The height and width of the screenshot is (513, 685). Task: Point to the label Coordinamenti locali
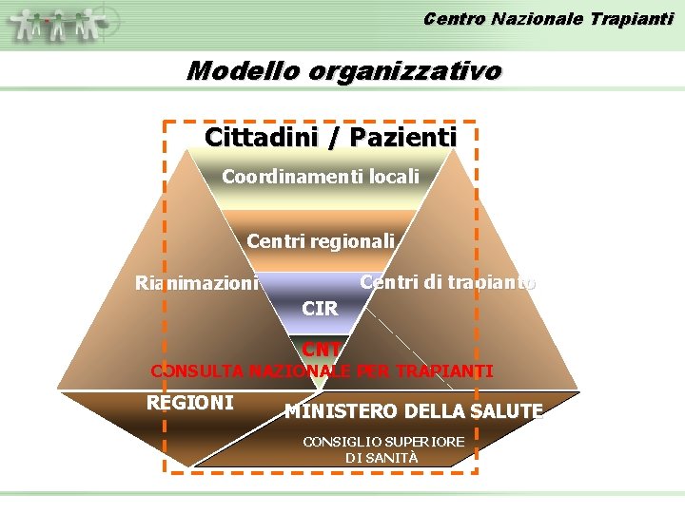(320, 177)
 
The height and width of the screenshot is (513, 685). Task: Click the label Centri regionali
(320, 241)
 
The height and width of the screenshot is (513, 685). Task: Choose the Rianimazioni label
(196, 283)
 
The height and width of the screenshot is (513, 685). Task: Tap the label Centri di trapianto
(447, 282)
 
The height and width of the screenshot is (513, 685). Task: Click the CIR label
(319, 309)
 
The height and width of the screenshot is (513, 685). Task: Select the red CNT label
(321, 351)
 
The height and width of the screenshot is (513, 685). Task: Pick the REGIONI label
(189, 402)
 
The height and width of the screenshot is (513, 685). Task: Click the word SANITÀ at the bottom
(393, 457)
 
